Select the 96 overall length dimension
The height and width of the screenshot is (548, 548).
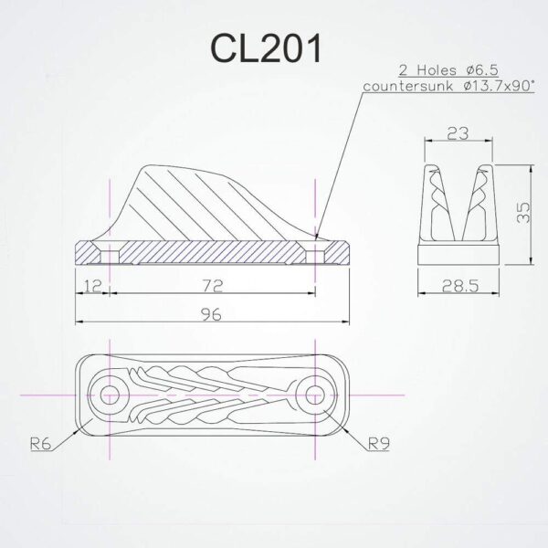[212, 313]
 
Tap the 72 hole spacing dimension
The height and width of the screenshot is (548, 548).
[212, 287]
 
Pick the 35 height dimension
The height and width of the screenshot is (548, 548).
[522, 214]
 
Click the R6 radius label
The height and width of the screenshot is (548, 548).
[40, 445]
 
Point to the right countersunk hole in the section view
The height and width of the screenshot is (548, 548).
[315, 249]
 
